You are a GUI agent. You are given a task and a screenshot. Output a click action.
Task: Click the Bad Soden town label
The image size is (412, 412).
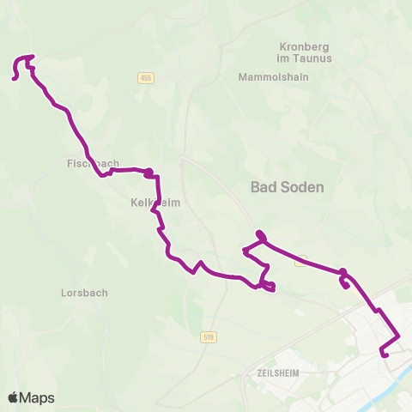tap(287, 186)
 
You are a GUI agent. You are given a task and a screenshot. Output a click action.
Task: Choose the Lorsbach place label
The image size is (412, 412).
tap(84, 293)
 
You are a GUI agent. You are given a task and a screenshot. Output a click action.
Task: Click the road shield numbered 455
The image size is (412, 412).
tap(145, 78)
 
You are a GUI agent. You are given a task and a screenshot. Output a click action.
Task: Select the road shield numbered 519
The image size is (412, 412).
tap(208, 337)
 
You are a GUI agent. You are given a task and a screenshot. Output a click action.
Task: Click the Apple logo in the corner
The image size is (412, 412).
tap(14, 397)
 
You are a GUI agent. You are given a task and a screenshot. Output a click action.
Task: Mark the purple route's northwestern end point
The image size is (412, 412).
tap(15, 79)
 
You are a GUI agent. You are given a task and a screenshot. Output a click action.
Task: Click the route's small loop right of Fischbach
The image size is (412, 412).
tap(150, 173)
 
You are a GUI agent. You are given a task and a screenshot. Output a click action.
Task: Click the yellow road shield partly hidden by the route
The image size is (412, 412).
tap(300, 262)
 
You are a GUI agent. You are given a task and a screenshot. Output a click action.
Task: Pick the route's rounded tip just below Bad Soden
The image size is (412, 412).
tap(258, 234)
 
